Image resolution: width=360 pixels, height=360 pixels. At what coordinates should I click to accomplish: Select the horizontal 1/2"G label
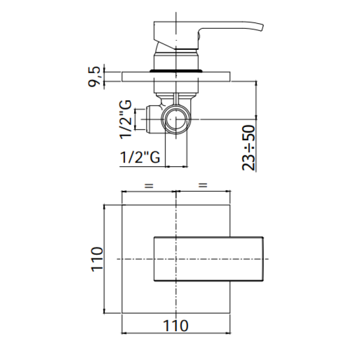tap(138, 157)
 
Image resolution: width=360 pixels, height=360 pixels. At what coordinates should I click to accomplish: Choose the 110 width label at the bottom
tap(176, 325)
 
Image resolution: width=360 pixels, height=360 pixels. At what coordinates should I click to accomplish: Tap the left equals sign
tap(149, 185)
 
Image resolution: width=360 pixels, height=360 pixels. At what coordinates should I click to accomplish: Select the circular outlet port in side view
tap(176, 120)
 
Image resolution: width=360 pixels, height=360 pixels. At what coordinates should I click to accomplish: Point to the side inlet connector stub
tap(153, 119)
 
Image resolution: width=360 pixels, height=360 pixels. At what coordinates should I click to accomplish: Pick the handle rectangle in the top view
tap(210, 259)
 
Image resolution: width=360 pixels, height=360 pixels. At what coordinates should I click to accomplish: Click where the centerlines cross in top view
tap(176, 259)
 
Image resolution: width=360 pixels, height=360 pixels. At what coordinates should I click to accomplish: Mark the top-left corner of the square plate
tap(121, 205)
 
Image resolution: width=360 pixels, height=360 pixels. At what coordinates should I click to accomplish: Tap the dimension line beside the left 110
tap(105, 259)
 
